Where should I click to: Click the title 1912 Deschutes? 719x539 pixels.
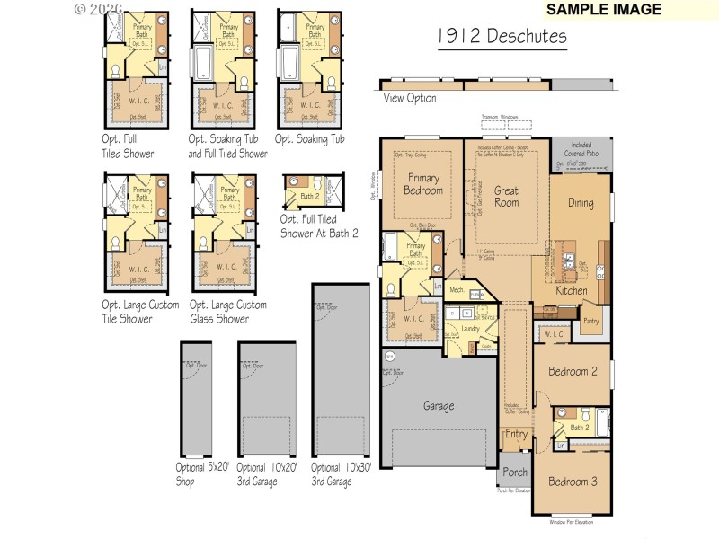tap(502, 37)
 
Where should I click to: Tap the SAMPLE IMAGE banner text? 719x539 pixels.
tap(603, 10)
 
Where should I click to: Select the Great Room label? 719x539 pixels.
tap(506, 196)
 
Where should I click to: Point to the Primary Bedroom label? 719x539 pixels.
tap(423, 184)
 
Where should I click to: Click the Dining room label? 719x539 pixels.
tap(581, 202)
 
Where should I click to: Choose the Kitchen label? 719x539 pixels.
tap(572, 290)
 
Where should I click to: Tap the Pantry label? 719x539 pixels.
tap(590, 320)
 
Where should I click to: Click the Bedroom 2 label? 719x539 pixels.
tap(573, 371)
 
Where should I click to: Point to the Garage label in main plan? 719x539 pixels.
tap(439, 405)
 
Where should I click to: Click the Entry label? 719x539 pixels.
tap(516, 435)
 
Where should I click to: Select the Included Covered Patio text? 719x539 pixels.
tap(581, 152)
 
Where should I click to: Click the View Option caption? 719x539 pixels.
tap(410, 98)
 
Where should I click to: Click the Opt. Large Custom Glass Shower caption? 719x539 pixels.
tap(228, 312)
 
